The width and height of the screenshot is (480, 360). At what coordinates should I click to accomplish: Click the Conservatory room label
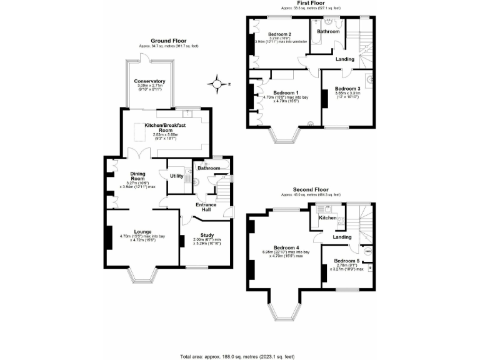tap(149, 81)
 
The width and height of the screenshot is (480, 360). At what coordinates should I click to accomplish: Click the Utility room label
tap(177, 176)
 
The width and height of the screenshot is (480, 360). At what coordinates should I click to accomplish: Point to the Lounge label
tap(142, 231)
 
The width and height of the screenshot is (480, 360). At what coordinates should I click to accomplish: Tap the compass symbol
tap(218, 82)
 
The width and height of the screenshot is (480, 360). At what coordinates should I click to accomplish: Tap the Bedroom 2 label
tap(280, 34)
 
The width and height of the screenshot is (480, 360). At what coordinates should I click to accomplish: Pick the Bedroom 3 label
tap(347, 89)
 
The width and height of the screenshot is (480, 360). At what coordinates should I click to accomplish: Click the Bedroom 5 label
tap(346, 260)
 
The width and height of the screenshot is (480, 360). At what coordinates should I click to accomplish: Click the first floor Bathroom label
tap(328, 31)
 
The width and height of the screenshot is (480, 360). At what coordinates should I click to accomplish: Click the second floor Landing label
tap(342, 237)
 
